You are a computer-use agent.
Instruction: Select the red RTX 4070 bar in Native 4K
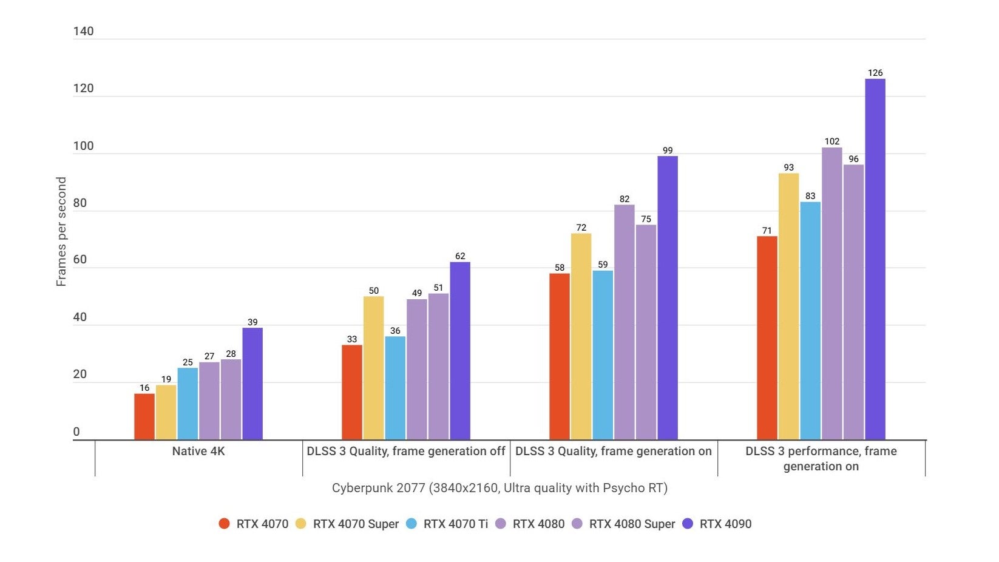point(144,417)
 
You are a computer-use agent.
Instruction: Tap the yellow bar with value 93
point(788,306)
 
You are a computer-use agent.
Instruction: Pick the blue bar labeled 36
point(395,388)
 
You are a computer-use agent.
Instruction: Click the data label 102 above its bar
point(831,141)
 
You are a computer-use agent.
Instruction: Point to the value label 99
point(668,151)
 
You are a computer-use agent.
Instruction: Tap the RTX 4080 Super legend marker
point(577,524)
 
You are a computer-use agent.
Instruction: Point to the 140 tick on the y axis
point(83,32)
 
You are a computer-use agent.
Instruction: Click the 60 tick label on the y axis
point(80,260)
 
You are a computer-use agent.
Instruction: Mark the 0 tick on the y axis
point(76,432)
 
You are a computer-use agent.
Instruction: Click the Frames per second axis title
point(61,231)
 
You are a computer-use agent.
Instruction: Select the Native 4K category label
point(198,451)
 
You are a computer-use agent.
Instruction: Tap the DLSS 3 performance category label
point(821,458)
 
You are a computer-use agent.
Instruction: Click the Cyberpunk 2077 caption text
point(499,488)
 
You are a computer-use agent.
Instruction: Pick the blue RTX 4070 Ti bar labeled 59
point(603,355)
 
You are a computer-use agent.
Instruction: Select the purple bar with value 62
point(460,351)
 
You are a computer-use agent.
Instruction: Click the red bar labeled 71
point(767,338)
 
